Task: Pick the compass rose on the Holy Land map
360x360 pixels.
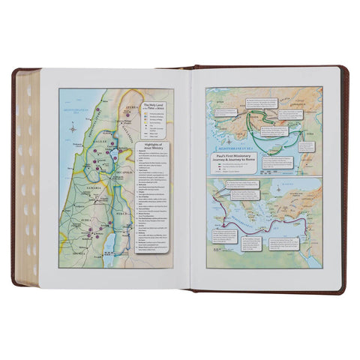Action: (x=70, y=129)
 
